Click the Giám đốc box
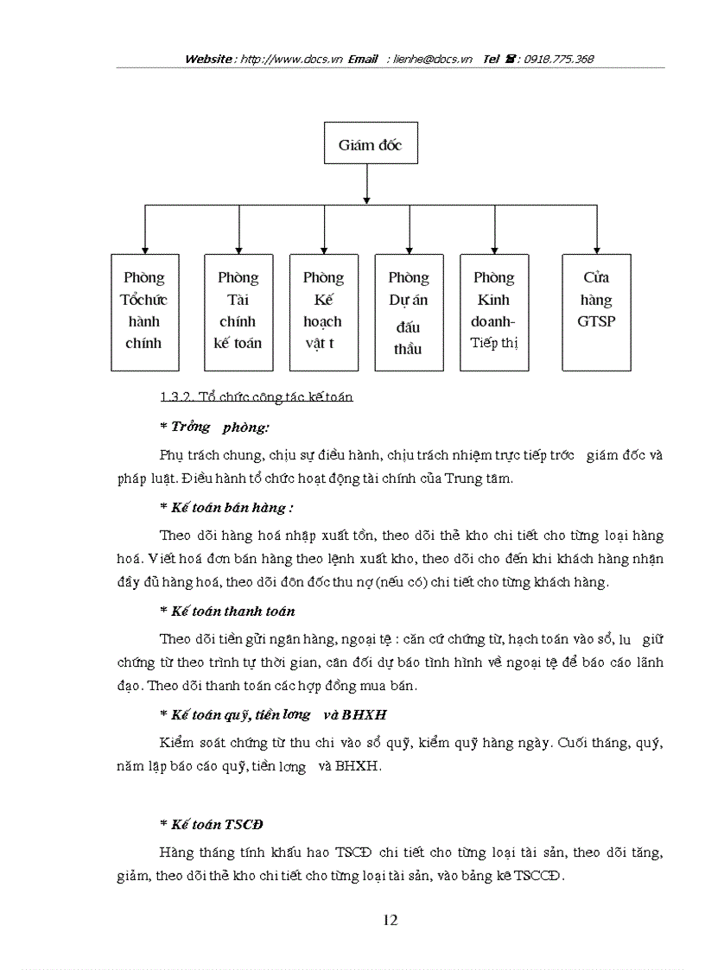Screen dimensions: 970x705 pyautogui.click(x=369, y=144)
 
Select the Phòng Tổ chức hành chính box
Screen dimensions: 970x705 pyautogui.click(x=144, y=312)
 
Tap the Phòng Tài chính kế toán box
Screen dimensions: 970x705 pyautogui.click(x=238, y=312)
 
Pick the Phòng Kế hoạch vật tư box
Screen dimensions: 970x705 pyautogui.click(x=323, y=312)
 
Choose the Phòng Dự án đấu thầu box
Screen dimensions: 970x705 pyautogui.click(x=408, y=312)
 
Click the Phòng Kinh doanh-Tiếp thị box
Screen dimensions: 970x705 pyautogui.click(x=493, y=312)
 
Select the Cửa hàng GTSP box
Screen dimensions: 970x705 pyautogui.click(x=596, y=312)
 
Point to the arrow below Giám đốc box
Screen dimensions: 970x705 pyautogui.click(x=369, y=184)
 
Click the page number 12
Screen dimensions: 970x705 pyautogui.click(x=390, y=921)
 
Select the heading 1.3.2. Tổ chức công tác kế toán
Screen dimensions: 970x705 pyautogui.click(x=257, y=397)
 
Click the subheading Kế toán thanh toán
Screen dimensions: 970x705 pyautogui.click(x=232, y=611)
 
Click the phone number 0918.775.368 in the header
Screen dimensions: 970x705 pyautogui.click(x=555, y=60)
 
